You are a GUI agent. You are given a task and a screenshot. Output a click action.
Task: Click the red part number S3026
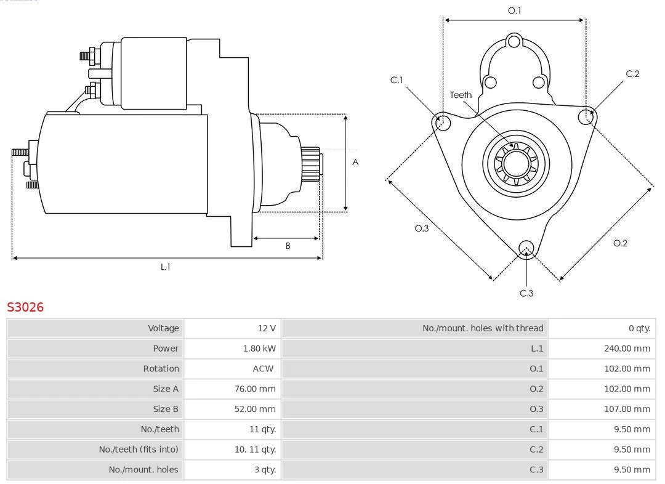click(x=25, y=307)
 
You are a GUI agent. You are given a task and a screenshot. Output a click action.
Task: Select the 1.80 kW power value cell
click(x=259, y=349)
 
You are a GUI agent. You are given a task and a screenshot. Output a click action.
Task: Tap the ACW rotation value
click(x=263, y=369)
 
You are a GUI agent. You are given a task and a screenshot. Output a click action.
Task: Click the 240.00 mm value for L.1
click(x=627, y=349)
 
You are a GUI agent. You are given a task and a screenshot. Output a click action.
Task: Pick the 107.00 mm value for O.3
click(x=627, y=409)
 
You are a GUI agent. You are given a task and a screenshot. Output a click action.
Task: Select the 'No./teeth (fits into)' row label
click(x=139, y=450)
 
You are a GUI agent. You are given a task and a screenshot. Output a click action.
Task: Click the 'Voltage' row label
click(x=163, y=328)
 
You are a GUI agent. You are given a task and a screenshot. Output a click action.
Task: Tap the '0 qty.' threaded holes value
click(x=639, y=328)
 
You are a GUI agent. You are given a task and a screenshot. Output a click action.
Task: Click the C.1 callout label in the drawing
click(x=397, y=80)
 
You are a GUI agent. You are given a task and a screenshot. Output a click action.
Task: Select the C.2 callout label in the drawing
click(x=632, y=74)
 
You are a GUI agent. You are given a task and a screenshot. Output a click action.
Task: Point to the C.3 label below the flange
click(x=526, y=293)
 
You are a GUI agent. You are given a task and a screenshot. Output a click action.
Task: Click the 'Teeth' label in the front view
click(x=461, y=95)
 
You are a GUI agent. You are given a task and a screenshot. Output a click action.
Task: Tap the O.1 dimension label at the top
click(x=514, y=10)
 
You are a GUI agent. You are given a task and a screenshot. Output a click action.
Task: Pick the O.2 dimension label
click(x=620, y=243)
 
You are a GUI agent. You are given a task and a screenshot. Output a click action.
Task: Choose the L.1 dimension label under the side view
click(x=165, y=267)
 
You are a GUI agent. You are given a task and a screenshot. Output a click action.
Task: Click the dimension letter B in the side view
click(x=288, y=246)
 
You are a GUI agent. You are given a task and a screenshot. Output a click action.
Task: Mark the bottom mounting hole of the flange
click(x=526, y=248)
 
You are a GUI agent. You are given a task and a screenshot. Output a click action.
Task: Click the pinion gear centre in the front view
click(x=517, y=164)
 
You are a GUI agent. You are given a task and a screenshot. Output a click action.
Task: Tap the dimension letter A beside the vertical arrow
click(x=355, y=163)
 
